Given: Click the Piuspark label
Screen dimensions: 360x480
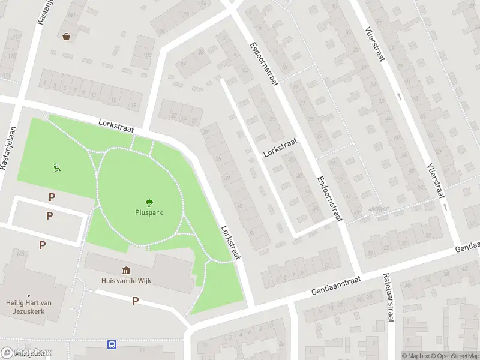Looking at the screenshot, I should tap(149, 212).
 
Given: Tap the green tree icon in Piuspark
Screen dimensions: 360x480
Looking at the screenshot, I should tap(149, 203).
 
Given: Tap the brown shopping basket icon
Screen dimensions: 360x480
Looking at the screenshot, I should tap(66, 37).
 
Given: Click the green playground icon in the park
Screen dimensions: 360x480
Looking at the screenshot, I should tap(57, 168).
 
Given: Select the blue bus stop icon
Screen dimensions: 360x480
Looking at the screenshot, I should tap(112, 344).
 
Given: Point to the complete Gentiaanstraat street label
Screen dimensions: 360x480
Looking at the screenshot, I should tap(336, 285).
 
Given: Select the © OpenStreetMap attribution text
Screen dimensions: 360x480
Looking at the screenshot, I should tap(453, 355).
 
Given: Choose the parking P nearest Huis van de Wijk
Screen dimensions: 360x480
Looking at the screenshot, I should tap(136, 301).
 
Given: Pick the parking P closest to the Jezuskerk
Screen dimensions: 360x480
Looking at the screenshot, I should tap(42, 245).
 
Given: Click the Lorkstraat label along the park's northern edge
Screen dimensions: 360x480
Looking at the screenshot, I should tap(116, 125).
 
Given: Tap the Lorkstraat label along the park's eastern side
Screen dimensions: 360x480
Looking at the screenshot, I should tap(230, 242).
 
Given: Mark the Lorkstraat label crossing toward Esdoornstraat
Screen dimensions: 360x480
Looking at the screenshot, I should tap(280, 146).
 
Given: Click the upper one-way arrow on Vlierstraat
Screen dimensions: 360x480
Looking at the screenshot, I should tap(399, 96).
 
